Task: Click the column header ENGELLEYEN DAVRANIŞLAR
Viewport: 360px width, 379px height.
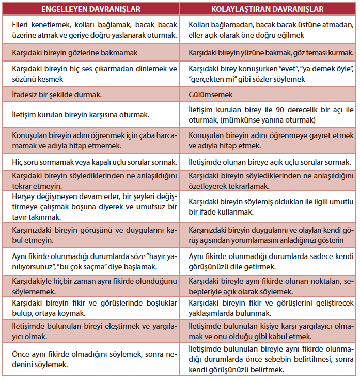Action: pyautogui.click(x=91, y=9)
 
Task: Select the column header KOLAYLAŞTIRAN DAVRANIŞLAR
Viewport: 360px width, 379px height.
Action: pyautogui.click(x=268, y=9)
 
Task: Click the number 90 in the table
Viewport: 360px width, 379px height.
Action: pyautogui.click(x=287, y=110)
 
